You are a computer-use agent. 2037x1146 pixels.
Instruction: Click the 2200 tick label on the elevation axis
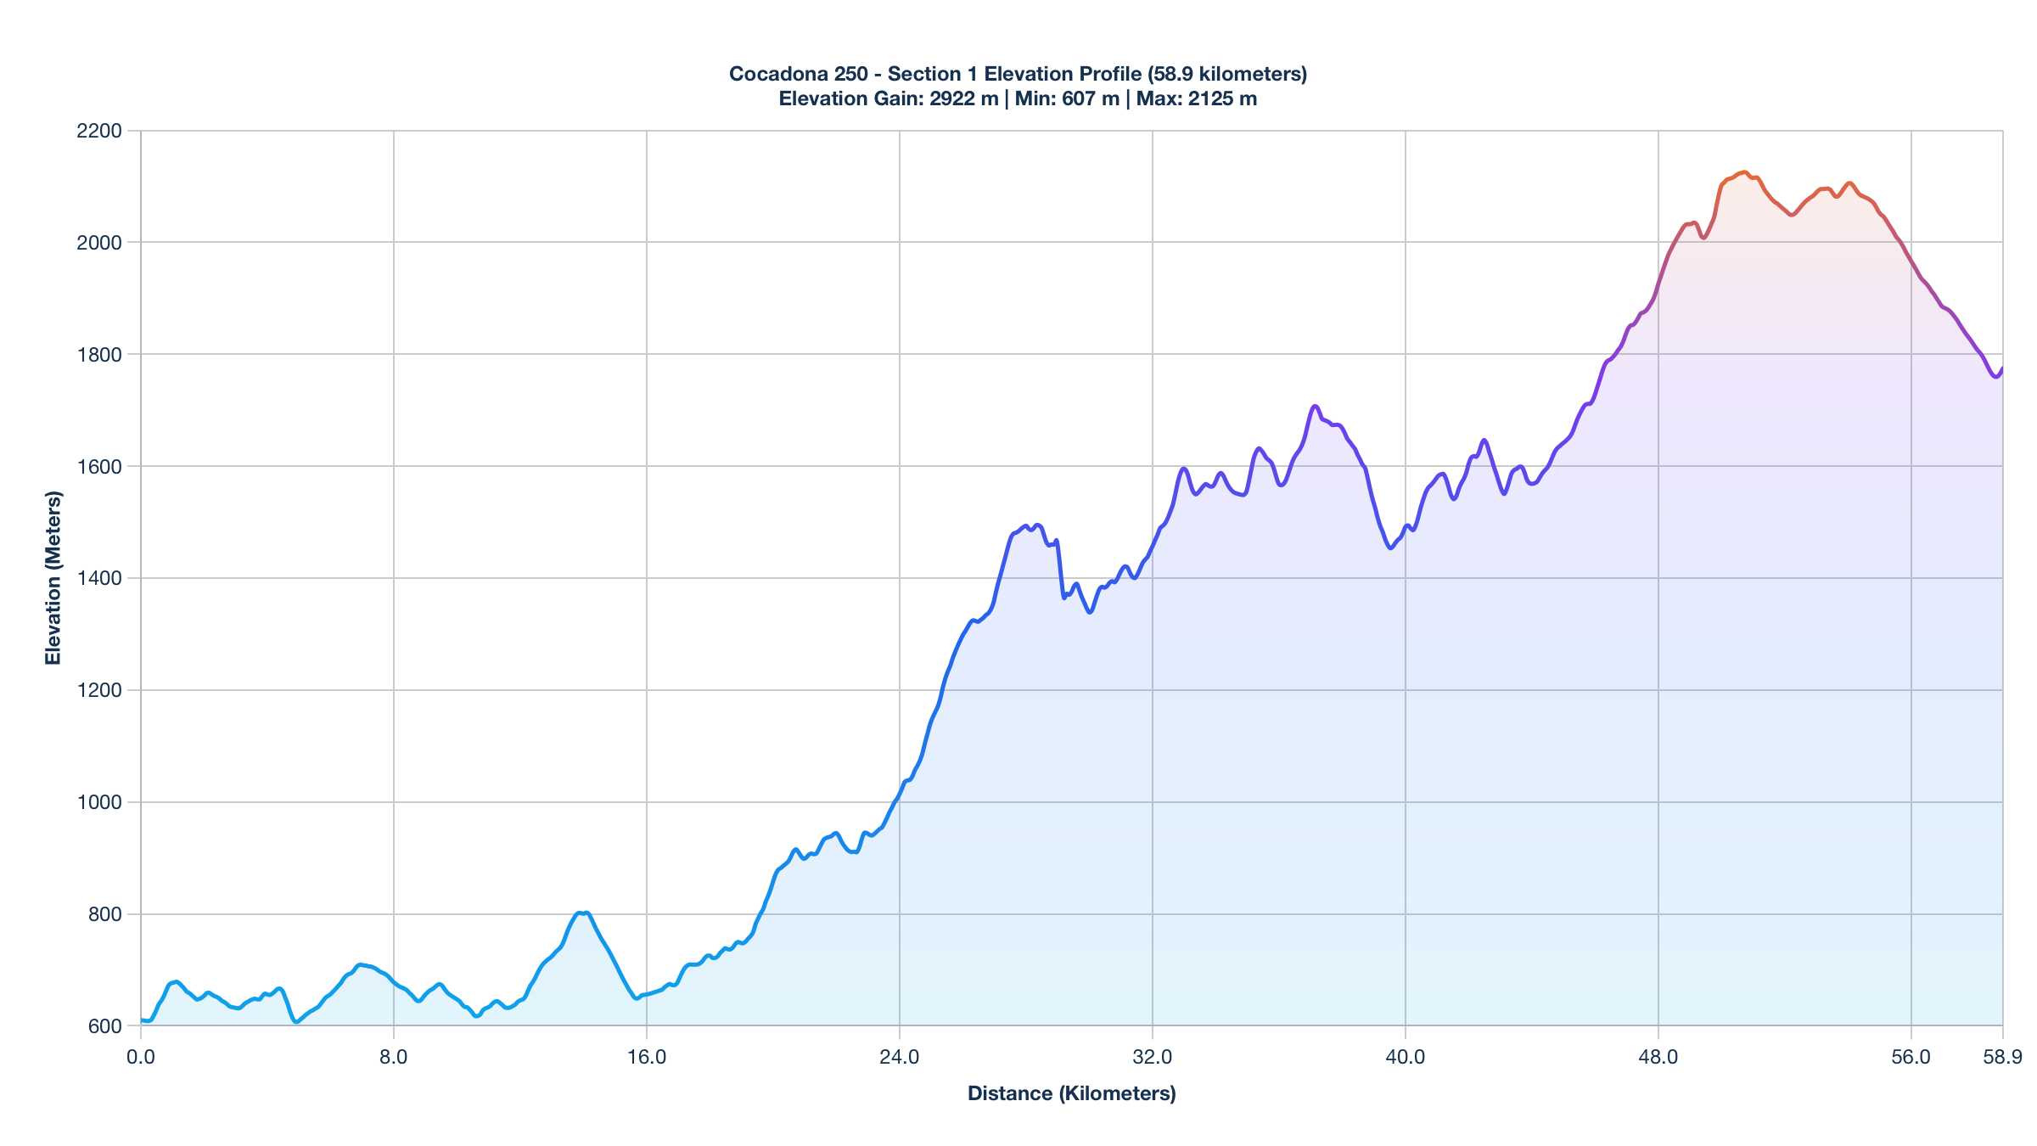point(99,131)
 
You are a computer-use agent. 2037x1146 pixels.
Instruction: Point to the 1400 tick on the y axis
point(99,578)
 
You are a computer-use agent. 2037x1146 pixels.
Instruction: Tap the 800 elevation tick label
point(104,914)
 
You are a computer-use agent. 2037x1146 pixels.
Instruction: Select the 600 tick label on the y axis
point(104,1026)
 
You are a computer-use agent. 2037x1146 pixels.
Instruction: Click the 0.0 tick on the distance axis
point(141,1057)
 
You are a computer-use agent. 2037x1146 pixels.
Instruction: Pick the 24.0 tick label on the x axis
point(900,1057)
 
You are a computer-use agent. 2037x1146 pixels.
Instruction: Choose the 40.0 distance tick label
point(1406,1057)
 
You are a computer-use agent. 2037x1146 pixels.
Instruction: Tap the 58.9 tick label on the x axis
point(2002,1057)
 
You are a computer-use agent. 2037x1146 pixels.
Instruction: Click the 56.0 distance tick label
point(1911,1057)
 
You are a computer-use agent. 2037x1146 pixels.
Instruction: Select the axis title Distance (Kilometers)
point(1071,1093)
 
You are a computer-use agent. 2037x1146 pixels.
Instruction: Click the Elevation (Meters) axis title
point(53,577)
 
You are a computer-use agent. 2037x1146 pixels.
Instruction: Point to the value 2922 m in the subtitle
point(963,98)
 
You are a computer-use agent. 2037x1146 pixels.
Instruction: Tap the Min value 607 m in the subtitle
point(1090,98)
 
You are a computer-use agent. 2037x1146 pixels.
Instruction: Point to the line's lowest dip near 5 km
point(295,1021)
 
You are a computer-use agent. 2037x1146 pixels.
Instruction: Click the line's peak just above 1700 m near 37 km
point(1315,406)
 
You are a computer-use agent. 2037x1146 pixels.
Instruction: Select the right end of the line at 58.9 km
point(2002,368)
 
